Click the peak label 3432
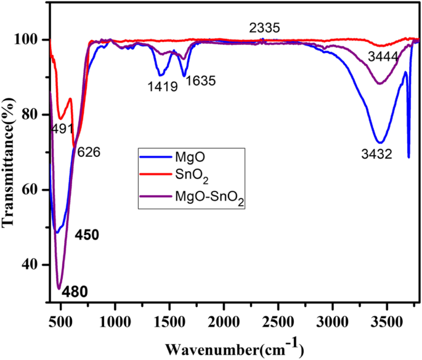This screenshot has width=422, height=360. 376,154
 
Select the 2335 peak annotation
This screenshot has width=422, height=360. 265,28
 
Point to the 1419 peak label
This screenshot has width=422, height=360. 163,87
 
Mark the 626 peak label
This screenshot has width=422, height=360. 87,151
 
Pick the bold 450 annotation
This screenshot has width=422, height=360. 87,236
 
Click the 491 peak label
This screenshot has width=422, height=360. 62,129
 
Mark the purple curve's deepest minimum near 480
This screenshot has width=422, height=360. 59,288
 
